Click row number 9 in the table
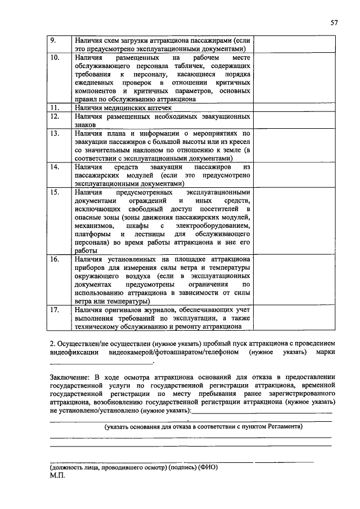[x=53, y=40]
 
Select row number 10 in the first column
[x=55, y=58]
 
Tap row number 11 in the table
[x=55, y=107]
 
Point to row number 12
[x=55, y=116]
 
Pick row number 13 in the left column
[x=55, y=134]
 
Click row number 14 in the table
[x=55, y=167]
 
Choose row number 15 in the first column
[x=55, y=192]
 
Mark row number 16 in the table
[x=55, y=259]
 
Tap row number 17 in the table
[x=55, y=309]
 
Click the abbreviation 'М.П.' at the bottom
[x=58, y=476]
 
